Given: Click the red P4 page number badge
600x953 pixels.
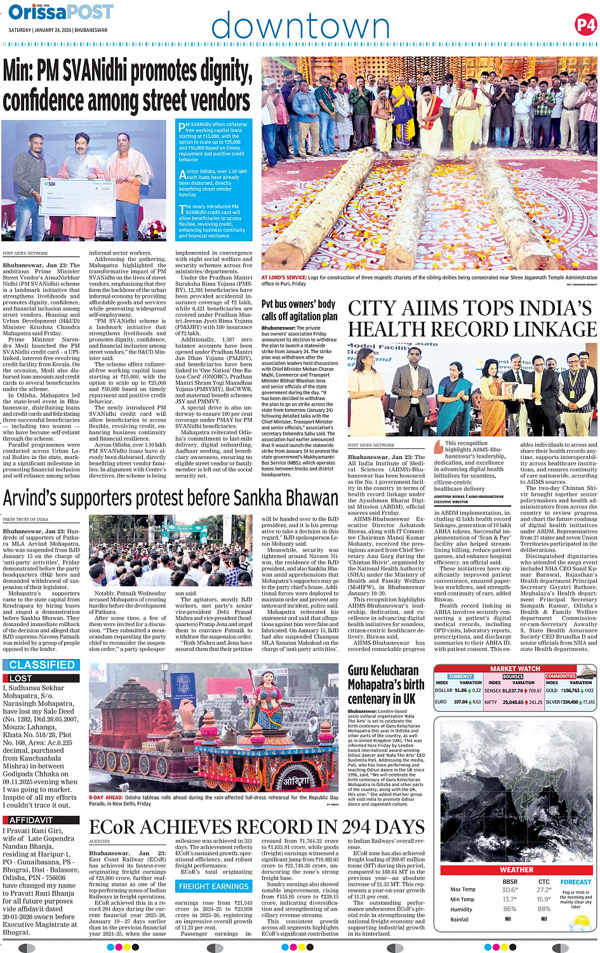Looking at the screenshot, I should click(x=585, y=25).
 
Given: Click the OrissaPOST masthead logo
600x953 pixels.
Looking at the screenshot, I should click(x=61, y=12).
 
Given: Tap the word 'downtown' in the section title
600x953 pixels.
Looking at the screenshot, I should click(x=300, y=27).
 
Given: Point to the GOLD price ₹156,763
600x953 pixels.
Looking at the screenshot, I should click(x=571, y=690).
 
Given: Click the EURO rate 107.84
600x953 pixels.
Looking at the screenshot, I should click(x=460, y=702).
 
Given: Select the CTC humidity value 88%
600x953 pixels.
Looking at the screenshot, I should click(x=544, y=909).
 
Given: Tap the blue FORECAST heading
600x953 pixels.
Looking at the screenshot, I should click(x=576, y=882).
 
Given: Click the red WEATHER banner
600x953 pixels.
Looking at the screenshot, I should click(x=516, y=870).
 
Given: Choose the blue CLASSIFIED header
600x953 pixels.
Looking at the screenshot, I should click(x=42, y=665).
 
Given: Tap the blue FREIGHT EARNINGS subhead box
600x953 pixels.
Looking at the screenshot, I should click(x=213, y=886).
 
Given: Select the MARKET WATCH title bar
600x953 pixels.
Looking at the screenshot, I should click(x=515, y=669).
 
